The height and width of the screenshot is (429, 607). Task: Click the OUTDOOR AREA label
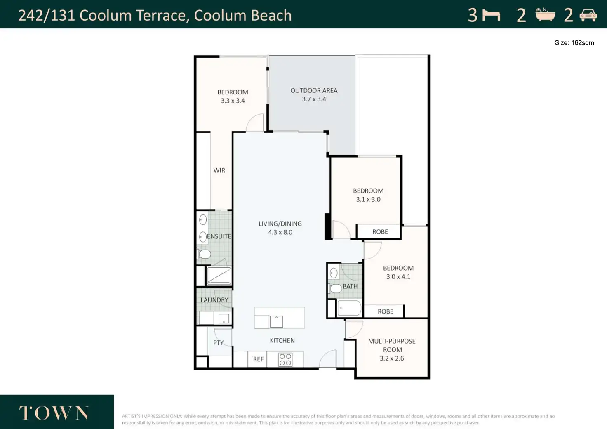pos(314,90)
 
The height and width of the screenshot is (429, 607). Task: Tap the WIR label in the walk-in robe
pos(219,170)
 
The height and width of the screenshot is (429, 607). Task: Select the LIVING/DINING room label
pos(280,224)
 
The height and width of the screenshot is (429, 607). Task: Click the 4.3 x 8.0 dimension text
pos(280,232)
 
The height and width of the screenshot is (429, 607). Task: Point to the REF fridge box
pos(258,359)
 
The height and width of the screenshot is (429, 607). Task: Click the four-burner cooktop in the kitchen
pos(285,359)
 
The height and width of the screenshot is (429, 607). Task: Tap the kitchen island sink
pos(276,322)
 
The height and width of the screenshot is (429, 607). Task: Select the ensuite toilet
pos(204,254)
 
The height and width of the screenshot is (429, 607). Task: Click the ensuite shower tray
pos(219,276)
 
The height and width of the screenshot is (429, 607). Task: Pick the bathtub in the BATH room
pos(349,308)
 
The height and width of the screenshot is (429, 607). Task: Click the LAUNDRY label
pos(214,300)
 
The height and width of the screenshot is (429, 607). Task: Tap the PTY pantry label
pos(218,343)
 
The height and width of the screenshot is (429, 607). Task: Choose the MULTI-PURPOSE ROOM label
pos(392,345)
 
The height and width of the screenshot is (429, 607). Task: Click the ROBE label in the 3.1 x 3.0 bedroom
pos(380,232)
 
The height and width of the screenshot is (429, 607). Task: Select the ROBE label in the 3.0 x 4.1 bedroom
pos(385,311)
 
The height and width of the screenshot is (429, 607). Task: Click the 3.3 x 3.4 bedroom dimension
pos(233,101)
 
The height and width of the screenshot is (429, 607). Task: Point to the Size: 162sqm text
pos(574,43)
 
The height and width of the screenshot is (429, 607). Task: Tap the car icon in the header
pos(588,15)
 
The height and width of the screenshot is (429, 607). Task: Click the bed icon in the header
pos(491,15)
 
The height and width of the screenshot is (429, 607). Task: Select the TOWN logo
pos(54,413)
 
